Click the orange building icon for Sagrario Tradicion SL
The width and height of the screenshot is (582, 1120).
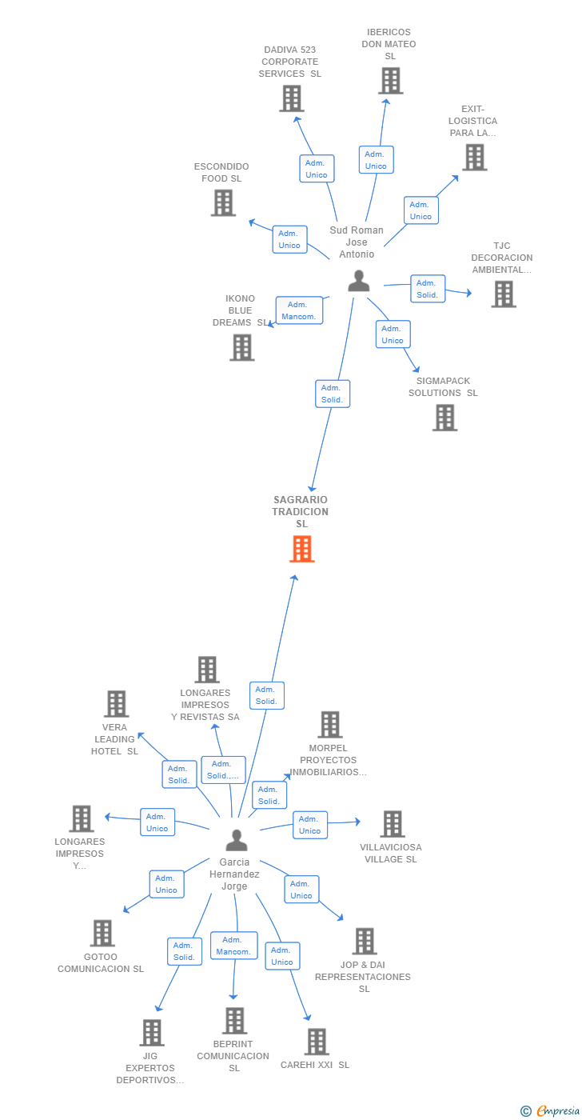point(302,549)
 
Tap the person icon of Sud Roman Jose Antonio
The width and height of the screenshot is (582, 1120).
point(359,281)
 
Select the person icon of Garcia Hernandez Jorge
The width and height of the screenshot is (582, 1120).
point(237,840)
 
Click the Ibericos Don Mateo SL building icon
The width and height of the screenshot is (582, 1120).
point(391,81)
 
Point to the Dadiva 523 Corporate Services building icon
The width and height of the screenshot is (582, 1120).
point(292,98)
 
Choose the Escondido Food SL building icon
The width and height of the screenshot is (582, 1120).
point(223,203)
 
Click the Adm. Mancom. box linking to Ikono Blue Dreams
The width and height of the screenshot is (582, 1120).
point(299,310)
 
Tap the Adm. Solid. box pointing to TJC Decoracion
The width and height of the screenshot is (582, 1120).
point(427,289)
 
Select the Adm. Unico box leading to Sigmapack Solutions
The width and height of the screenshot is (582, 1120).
point(393,334)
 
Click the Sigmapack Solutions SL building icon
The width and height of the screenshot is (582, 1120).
point(445,418)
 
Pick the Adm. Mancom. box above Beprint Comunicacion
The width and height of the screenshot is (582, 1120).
point(233,946)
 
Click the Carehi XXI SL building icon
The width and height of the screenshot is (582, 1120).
point(317,1042)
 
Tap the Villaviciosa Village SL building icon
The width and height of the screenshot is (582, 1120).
point(393,824)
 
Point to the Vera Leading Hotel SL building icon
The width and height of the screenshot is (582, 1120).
point(117,704)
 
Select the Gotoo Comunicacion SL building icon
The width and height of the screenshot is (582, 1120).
point(102,933)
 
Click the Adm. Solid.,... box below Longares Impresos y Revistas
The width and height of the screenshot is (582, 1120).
point(223,770)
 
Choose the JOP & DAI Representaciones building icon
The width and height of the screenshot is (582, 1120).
point(365,942)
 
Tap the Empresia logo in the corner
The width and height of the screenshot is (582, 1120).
point(550,1111)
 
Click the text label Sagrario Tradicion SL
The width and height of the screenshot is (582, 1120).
point(301,511)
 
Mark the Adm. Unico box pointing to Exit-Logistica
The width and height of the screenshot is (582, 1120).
point(421,210)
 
